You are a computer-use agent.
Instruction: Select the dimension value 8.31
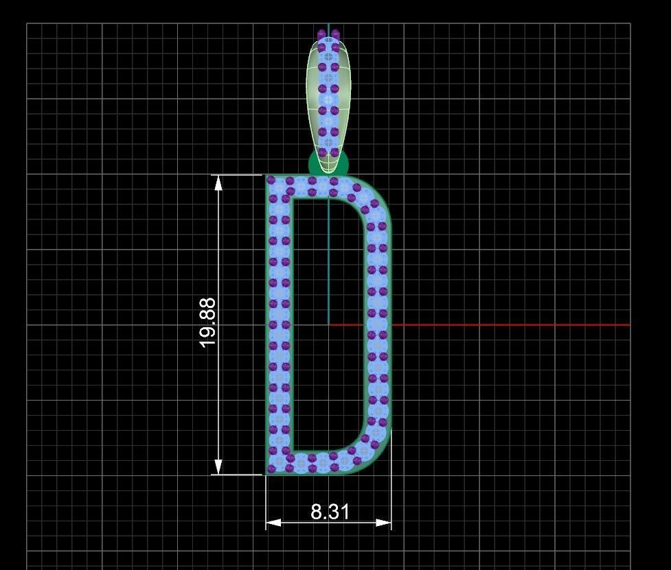(x=330, y=512)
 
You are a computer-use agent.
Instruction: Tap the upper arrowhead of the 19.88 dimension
(x=218, y=182)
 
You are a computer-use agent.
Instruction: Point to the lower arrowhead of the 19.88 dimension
(x=218, y=467)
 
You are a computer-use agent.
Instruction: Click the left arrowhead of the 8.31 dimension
(x=273, y=523)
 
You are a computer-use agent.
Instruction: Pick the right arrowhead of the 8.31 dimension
(x=384, y=523)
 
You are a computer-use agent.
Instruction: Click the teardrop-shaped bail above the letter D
(x=328, y=96)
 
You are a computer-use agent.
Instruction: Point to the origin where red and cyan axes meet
(x=329, y=324)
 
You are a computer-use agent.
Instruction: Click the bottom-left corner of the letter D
(x=271, y=469)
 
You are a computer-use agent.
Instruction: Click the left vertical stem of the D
(x=279, y=322)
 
